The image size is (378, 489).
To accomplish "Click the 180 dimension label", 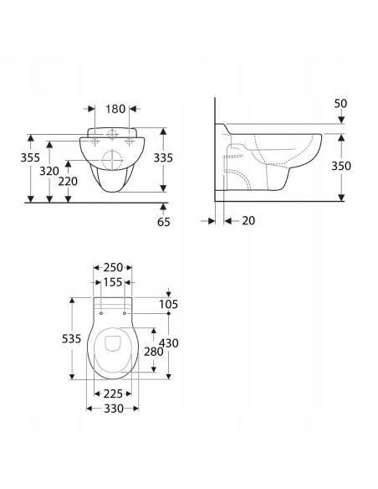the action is [x=115, y=109].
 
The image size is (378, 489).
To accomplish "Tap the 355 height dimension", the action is [x=30, y=157].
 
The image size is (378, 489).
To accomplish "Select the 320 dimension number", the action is [x=49, y=171].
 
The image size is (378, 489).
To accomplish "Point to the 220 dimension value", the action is [x=68, y=181].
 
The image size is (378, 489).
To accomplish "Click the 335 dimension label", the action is [x=163, y=158].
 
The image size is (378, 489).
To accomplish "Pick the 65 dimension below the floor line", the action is [x=163, y=222].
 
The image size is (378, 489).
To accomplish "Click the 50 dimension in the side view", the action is [x=340, y=104].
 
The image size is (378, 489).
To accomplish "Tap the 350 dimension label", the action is [x=341, y=166].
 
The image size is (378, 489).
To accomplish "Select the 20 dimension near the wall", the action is [x=248, y=221].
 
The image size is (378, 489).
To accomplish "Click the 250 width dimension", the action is [x=113, y=268].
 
